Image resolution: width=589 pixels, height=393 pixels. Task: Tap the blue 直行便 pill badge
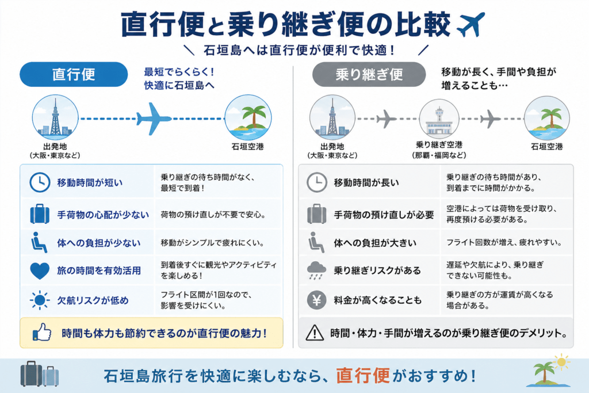74,74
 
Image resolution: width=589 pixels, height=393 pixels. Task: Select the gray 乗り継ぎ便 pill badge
369,74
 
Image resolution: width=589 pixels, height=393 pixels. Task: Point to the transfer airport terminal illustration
439,119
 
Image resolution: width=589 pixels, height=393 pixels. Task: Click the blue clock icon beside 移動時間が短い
40,182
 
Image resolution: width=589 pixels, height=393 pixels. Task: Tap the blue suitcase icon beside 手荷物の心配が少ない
40,214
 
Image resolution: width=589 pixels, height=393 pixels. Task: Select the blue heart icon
40,270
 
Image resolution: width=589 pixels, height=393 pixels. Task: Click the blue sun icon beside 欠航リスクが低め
40,300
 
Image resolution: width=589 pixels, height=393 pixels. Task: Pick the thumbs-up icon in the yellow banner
42,332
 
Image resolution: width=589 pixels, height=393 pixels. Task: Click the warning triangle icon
315,333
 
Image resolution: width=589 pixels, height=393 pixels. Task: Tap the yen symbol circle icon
317,300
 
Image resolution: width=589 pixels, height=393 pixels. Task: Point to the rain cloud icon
317,270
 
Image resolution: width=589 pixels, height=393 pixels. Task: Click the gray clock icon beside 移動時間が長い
317,182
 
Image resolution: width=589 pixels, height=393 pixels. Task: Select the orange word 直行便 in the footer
362,376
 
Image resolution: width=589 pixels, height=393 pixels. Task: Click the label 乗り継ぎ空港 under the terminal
439,144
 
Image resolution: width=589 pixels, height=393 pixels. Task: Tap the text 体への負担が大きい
375,243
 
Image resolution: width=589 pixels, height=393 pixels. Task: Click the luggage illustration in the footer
40,374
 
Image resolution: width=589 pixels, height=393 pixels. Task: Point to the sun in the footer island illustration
561,362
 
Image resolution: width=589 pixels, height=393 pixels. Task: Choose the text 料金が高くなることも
377,300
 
